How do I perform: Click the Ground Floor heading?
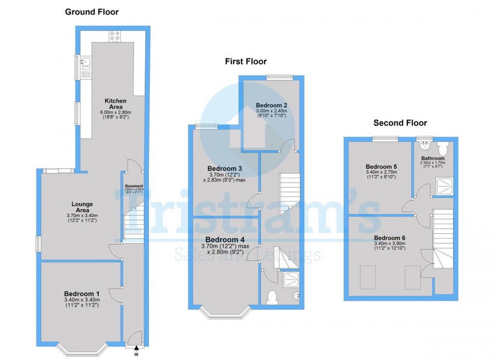click(x=92, y=12)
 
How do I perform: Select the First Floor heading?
click(x=246, y=61)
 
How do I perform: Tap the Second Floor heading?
click(x=400, y=123)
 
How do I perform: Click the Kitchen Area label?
click(x=115, y=104)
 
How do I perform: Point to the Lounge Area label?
click(x=82, y=207)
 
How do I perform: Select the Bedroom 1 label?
click(x=82, y=294)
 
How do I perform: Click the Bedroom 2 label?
click(x=272, y=105)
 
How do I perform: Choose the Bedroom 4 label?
click(x=225, y=240)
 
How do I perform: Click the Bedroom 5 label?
click(x=381, y=166)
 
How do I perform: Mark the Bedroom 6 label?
click(x=390, y=237)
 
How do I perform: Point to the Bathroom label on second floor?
click(x=432, y=158)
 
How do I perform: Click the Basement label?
click(x=134, y=186)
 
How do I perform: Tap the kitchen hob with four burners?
click(x=115, y=36)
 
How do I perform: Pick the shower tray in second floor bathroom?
click(x=443, y=185)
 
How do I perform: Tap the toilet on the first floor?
click(x=272, y=296)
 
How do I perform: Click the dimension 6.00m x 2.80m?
click(x=115, y=112)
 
